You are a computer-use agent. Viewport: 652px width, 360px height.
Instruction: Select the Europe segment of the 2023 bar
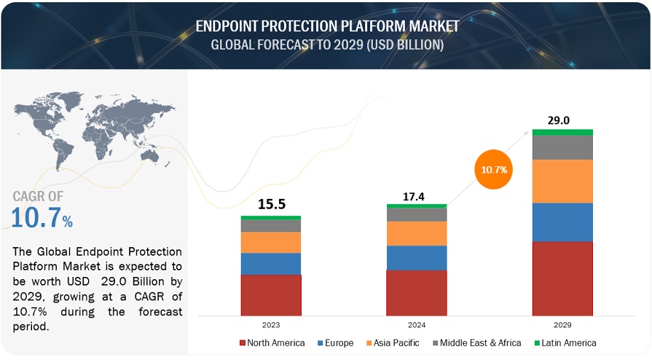(270, 264)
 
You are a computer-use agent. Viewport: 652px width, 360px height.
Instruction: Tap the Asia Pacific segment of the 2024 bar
(416, 233)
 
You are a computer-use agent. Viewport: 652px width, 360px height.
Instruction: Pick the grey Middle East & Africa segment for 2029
(562, 147)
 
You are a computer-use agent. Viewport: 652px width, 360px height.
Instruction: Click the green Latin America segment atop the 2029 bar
(562, 132)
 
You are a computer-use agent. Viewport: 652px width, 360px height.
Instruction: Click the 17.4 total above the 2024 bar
(416, 197)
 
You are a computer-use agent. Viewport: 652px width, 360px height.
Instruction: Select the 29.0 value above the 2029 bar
(562, 118)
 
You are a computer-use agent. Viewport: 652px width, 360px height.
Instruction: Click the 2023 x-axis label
(270, 324)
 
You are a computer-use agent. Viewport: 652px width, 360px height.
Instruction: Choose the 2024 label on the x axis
(416, 324)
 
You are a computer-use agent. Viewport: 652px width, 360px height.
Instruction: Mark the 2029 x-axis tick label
(562, 324)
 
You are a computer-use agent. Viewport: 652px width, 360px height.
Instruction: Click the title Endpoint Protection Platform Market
(327, 26)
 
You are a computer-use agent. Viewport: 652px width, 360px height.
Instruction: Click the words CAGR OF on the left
(38, 196)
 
